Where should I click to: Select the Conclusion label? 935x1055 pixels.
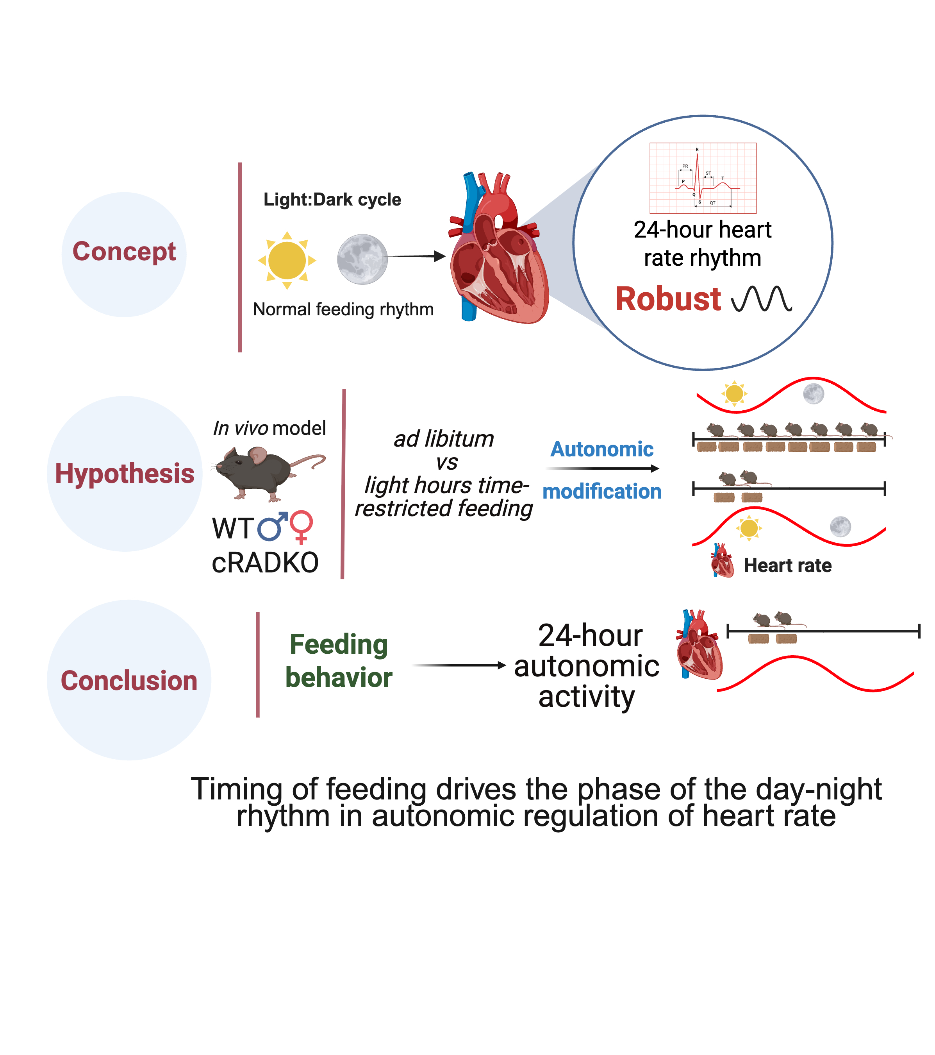129,681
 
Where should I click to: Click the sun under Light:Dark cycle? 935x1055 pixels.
287,260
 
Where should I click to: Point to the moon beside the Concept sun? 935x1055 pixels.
362,259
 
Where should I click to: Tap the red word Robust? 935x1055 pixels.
668,299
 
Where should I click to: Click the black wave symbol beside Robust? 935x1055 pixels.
762,299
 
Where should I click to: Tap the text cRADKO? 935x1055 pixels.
265,563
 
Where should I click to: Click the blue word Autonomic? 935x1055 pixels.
602,449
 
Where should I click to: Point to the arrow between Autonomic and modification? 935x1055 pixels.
602,468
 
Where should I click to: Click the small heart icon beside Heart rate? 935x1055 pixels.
721,561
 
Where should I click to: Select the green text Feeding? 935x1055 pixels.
339,644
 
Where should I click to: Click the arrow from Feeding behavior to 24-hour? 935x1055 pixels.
459,665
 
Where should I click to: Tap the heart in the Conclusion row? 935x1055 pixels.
699,645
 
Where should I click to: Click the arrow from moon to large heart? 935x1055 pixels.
416,256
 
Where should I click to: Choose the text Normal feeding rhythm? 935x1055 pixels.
343,309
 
